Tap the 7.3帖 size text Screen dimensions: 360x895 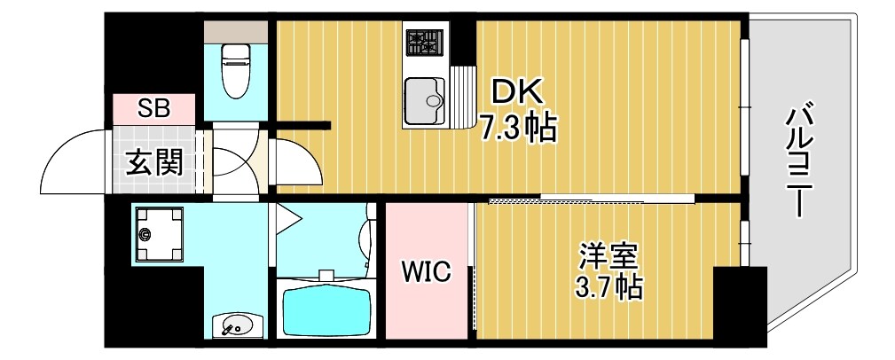[519, 129]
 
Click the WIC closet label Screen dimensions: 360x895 [426, 270]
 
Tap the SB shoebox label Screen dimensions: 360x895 [153, 109]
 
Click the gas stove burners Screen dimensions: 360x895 [424, 42]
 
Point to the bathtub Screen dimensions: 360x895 [327, 309]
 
